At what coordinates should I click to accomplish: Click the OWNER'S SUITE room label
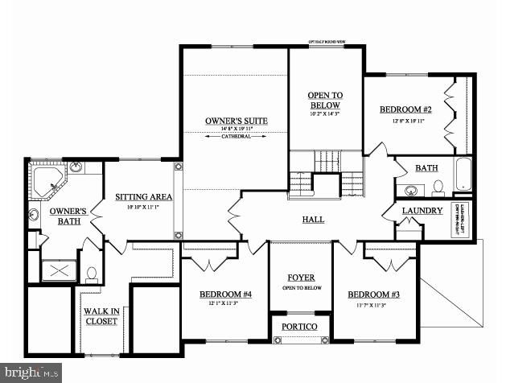(x=236, y=121)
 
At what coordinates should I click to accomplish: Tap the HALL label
(x=313, y=219)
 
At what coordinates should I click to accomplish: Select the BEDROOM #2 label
(x=406, y=109)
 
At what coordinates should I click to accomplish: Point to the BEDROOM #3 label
(x=372, y=294)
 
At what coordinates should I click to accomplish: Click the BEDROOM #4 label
(x=225, y=294)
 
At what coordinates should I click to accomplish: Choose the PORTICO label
(x=299, y=326)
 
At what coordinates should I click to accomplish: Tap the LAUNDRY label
(x=422, y=211)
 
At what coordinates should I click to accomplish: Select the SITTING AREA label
(x=143, y=196)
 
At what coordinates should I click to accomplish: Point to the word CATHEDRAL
(x=236, y=137)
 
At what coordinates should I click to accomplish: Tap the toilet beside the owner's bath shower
(x=91, y=274)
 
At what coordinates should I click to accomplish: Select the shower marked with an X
(x=58, y=270)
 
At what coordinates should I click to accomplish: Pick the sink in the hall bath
(x=409, y=191)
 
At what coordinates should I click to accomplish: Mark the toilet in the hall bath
(x=438, y=187)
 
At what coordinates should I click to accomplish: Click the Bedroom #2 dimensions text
(x=406, y=121)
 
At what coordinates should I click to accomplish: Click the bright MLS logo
(x=31, y=373)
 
